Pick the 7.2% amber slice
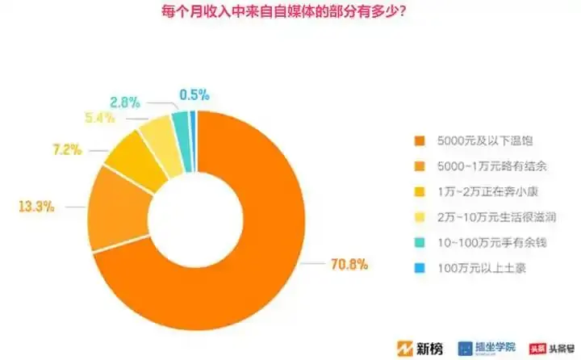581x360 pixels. (x=127, y=159)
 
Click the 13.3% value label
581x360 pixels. (x=36, y=206)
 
